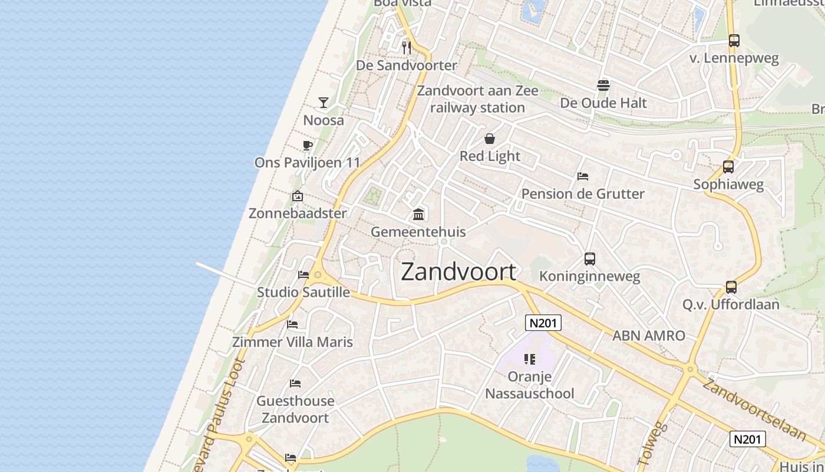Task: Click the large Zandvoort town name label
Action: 458,271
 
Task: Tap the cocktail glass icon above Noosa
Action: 324,103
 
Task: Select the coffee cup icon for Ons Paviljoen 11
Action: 307,145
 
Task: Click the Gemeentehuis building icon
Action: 418,214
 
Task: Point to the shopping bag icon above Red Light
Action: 490,139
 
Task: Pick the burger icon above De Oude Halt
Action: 603,86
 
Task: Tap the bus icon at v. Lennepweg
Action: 734,41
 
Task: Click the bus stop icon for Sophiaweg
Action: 728,167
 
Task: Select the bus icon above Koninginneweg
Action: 589,258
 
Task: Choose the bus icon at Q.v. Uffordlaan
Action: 731,287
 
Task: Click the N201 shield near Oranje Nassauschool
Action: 543,323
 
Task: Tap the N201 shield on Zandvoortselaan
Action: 748,439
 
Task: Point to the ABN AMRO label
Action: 649,336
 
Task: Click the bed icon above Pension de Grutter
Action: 583,176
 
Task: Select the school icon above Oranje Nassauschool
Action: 529,359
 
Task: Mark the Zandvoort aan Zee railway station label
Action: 478,99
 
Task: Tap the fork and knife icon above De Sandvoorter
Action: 406,47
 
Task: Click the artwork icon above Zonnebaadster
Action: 298,196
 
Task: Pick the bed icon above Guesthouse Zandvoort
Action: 295,383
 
